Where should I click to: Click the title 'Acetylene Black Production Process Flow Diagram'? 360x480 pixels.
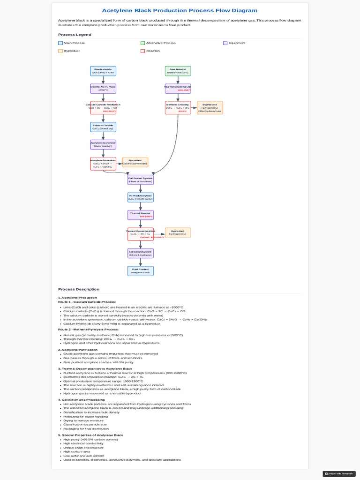[x=180, y=10]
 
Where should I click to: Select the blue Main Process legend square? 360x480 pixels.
[x=60, y=43]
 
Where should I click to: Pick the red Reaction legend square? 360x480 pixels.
[x=143, y=51]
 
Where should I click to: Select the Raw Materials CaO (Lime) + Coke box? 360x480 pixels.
[x=103, y=71]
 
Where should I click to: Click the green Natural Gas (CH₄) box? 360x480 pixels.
[x=178, y=71]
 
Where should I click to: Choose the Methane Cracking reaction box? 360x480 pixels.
[x=178, y=108]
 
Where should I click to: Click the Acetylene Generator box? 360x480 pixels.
[x=103, y=144]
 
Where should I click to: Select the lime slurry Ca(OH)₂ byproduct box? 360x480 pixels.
[x=135, y=162]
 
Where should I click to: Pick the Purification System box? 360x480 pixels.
[x=141, y=180]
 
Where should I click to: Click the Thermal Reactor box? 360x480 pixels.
[x=141, y=215]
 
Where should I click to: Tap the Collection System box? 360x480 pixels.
[x=141, y=253]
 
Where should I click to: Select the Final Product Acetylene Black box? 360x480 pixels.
[x=141, y=271]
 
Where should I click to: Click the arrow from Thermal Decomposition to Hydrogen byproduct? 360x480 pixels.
[x=159, y=232]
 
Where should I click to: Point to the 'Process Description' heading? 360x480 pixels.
[x=79, y=289]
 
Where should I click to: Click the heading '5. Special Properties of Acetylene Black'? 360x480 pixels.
[x=90, y=435]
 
